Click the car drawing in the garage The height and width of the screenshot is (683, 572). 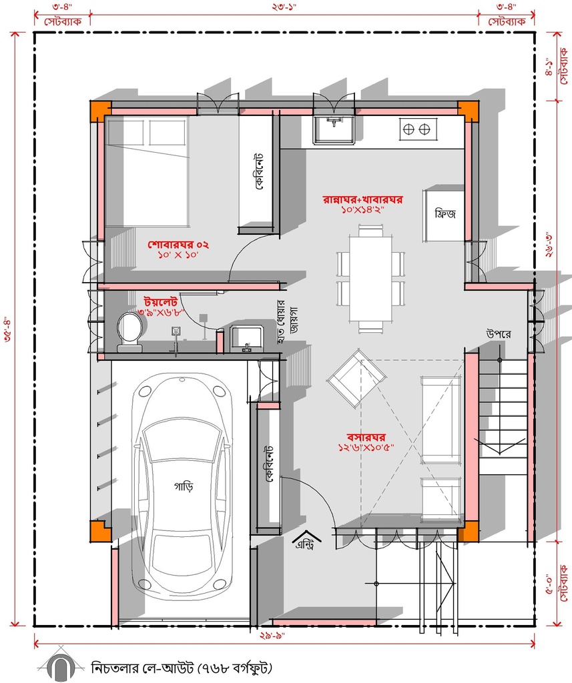click(x=182, y=486)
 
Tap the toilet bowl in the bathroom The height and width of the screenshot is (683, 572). click(x=129, y=330)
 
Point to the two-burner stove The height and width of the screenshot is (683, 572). click(x=416, y=129)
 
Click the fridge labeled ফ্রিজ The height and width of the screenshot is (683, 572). click(x=445, y=214)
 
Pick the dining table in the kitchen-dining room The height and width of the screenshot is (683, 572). click(x=370, y=278)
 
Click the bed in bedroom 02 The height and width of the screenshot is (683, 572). click(x=148, y=171)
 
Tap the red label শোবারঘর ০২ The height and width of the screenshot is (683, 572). click(x=178, y=244)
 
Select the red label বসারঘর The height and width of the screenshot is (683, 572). click(x=366, y=437)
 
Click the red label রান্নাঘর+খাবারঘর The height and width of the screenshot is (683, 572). click(x=362, y=199)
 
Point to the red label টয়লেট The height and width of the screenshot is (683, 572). click(x=160, y=301)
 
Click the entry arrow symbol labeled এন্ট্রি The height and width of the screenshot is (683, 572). click(x=306, y=540)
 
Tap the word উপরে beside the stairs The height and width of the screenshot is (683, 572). click(x=499, y=334)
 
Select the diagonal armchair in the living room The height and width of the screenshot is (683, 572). click(x=356, y=378)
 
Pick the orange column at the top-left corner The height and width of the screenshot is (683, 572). click(x=100, y=111)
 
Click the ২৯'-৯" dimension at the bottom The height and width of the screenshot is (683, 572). click(x=273, y=636)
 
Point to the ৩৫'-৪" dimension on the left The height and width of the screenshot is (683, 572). click(x=7, y=331)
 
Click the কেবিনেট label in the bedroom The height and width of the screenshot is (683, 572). click(x=259, y=171)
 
